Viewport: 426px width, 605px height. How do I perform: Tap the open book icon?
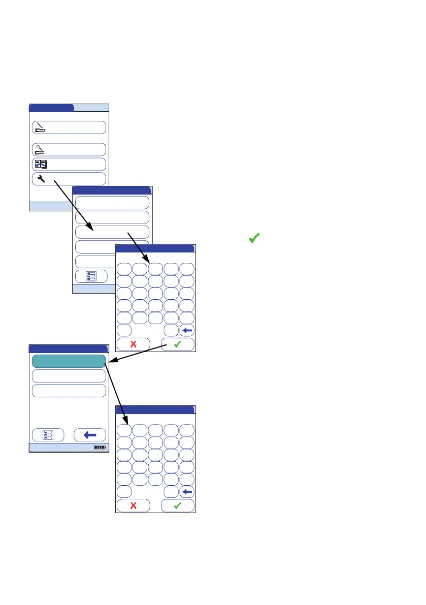(40, 164)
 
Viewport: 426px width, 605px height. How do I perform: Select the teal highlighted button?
(69, 361)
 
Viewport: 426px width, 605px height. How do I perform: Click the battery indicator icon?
(100, 448)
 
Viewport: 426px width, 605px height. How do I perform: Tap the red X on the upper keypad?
(134, 344)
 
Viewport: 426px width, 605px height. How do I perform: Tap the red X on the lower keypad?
(134, 505)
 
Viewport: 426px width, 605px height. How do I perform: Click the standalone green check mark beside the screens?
(254, 238)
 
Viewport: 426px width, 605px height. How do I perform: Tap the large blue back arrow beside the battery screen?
(90, 435)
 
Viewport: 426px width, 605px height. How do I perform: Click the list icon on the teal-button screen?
(48, 435)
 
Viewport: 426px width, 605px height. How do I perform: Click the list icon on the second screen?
(91, 276)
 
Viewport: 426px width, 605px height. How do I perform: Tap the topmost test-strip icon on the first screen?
(39, 127)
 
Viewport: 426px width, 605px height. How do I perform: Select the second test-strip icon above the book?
(39, 149)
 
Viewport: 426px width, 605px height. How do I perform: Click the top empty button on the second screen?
(112, 203)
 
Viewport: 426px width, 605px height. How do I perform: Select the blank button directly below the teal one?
(69, 376)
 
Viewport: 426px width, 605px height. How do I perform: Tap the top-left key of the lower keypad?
(124, 430)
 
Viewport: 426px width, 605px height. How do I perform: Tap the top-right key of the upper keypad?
(187, 269)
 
